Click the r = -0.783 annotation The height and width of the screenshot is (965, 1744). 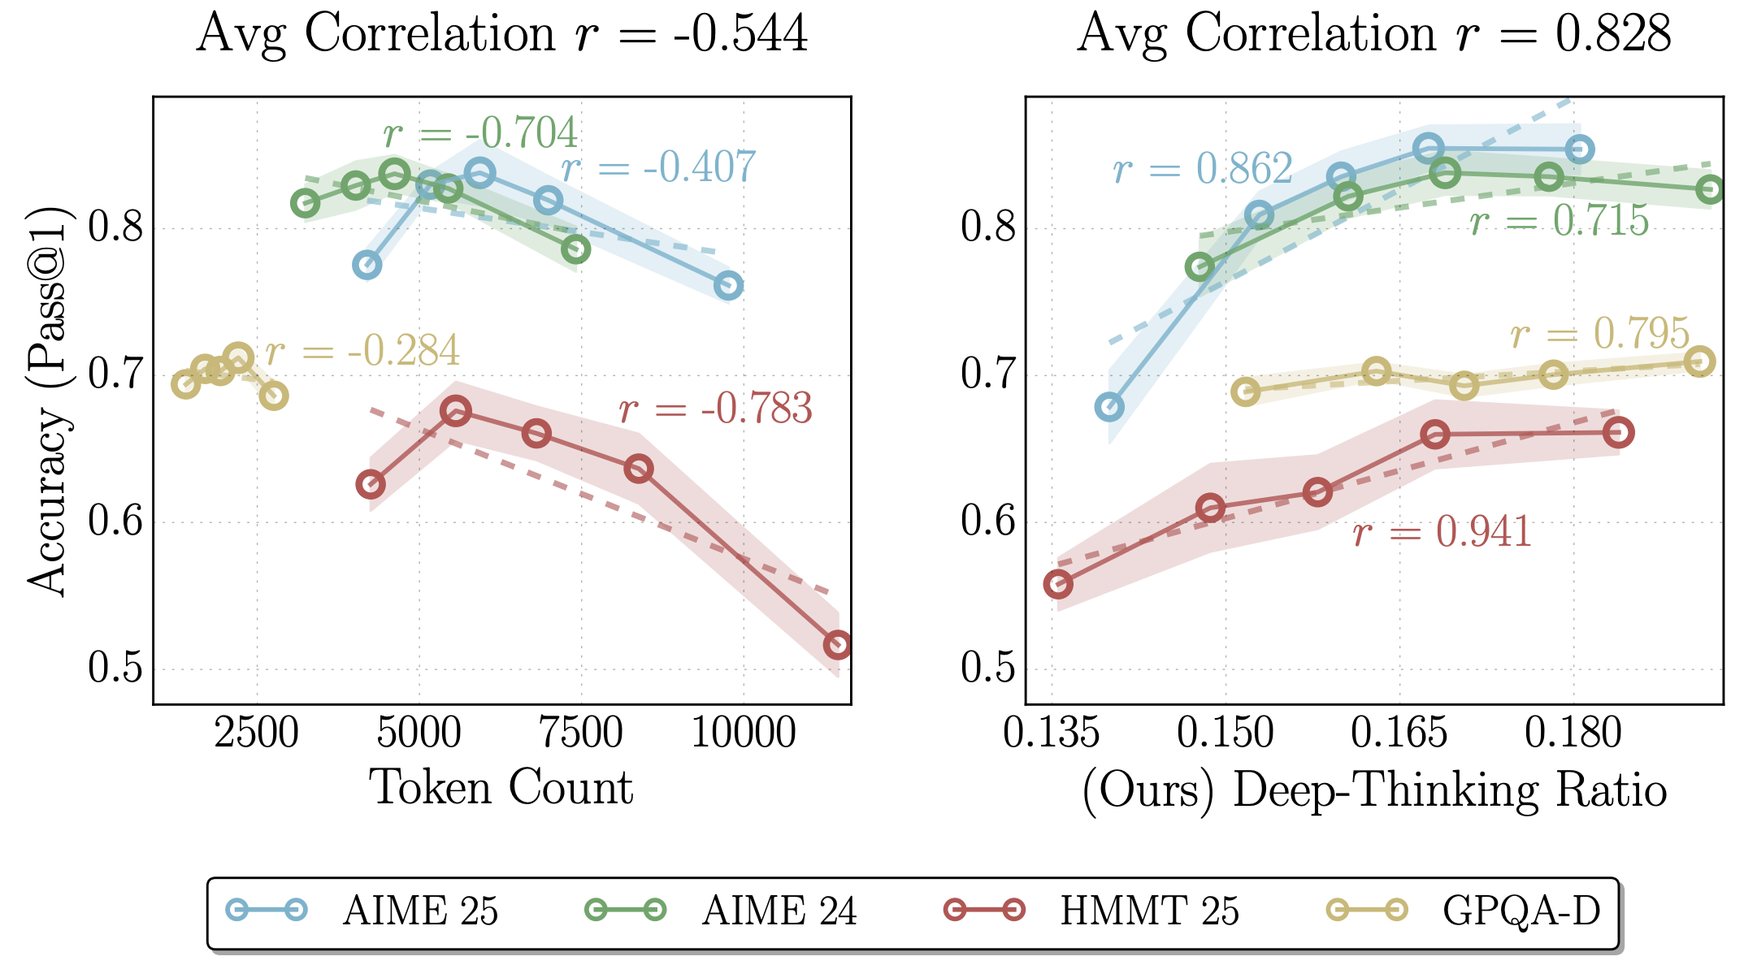click(x=715, y=409)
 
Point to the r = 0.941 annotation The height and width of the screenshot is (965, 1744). click(x=1442, y=532)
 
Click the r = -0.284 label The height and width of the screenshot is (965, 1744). click(x=362, y=351)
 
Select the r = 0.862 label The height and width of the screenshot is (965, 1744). click(x=1203, y=169)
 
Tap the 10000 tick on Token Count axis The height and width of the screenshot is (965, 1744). click(x=743, y=733)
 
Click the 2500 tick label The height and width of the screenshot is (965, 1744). click(x=257, y=733)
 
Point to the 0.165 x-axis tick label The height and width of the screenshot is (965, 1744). click(x=1399, y=733)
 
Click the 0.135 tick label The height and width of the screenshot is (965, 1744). click(x=1052, y=733)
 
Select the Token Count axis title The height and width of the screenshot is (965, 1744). click(x=501, y=787)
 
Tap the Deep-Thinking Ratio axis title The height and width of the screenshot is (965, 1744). click(x=1374, y=790)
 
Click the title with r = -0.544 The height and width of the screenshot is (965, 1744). click(x=501, y=34)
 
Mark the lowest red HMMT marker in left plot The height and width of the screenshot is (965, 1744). click(x=837, y=645)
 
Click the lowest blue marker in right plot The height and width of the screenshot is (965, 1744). click(x=1109, y=407)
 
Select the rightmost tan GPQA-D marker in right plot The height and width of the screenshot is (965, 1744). click(x=1699, y=361)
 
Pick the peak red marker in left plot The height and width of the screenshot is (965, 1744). click(x=455, y=412)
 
